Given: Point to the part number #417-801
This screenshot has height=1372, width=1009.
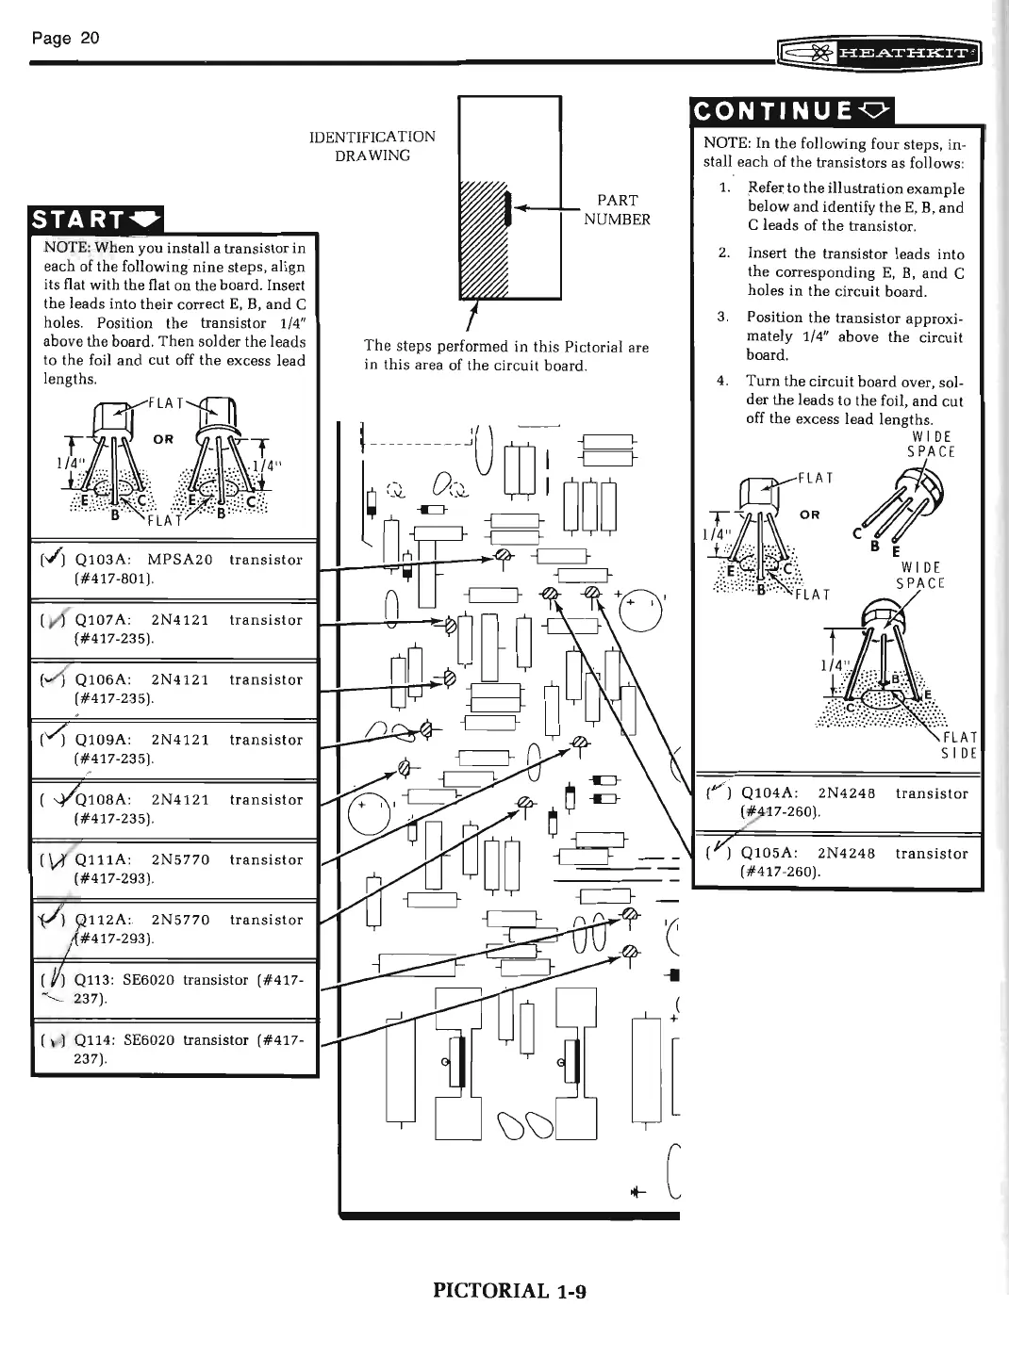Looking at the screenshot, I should point(113,579).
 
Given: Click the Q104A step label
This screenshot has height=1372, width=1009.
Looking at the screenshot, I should point(770,793).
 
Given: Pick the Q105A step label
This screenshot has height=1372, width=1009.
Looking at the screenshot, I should point(770,854).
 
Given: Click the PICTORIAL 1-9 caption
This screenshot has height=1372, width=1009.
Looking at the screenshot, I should point(509,1290).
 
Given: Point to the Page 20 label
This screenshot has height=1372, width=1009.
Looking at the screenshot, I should point(65,38).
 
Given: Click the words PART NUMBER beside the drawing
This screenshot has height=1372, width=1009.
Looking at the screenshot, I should point(617,209).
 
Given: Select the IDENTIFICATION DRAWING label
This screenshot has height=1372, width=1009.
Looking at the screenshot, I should point(372,146).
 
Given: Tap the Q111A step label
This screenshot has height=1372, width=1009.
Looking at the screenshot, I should point(102,859).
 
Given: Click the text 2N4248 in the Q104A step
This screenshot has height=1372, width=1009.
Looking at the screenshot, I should point(847,793).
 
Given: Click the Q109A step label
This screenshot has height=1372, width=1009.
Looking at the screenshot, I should point(102,740).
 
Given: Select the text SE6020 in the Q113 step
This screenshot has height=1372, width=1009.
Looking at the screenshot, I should point(155,980).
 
